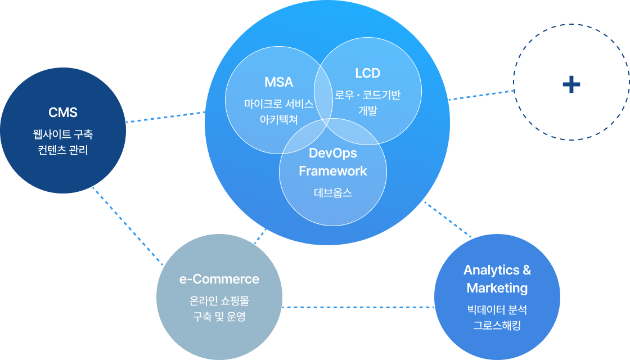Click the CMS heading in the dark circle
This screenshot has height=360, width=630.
pos(63,112)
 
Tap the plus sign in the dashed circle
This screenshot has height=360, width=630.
pos(571,84)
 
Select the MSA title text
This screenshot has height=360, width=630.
pos(279,82)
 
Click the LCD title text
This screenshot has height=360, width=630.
pos(368,73)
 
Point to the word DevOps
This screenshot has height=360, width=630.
pos(333,153)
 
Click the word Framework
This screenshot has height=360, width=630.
pos(333,171)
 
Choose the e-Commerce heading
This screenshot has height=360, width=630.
pos(219,279)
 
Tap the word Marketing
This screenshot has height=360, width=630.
pos(497,288)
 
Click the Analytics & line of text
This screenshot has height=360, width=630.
pos(497,270)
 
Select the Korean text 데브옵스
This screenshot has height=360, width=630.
pos(333,192)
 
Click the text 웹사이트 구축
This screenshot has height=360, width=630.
pos(63,134)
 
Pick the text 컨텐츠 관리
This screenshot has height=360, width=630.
pos(63,151)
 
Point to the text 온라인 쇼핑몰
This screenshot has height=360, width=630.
pos(219,301)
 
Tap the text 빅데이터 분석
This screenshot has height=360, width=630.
pos(497,309)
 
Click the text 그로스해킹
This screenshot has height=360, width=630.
pos(497,325)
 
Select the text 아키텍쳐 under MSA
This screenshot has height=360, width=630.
pos(279,119)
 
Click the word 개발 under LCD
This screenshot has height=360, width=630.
pos(368,110)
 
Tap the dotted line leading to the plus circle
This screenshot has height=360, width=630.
pos(481,95)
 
